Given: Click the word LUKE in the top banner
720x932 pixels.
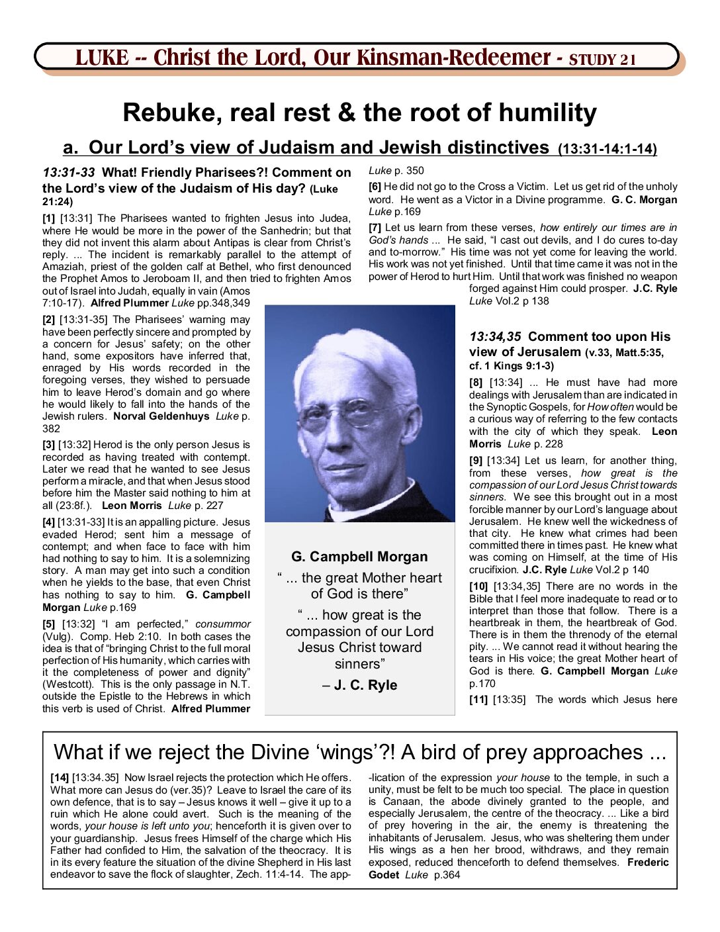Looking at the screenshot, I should pos(102,58).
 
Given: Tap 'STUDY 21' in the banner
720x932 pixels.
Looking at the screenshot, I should pos(602,60).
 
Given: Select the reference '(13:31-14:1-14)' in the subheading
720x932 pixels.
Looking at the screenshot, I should pos(607,149).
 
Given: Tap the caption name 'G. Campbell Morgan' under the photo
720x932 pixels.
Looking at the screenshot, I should pos(359,557).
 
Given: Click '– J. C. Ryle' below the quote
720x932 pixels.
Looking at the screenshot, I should pos(359,685).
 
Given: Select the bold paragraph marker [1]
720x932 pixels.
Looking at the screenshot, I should pos(49,218).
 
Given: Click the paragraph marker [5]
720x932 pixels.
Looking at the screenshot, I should pos(49,624).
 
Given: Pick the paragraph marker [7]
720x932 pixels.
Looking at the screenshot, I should pos(375,228).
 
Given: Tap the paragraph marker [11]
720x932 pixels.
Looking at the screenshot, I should pos(478,700).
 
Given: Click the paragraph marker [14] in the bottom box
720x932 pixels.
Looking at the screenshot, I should pos(60,778).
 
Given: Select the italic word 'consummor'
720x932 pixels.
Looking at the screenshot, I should pos(223,624).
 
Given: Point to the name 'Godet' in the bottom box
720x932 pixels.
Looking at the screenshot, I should pos(384,875).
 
